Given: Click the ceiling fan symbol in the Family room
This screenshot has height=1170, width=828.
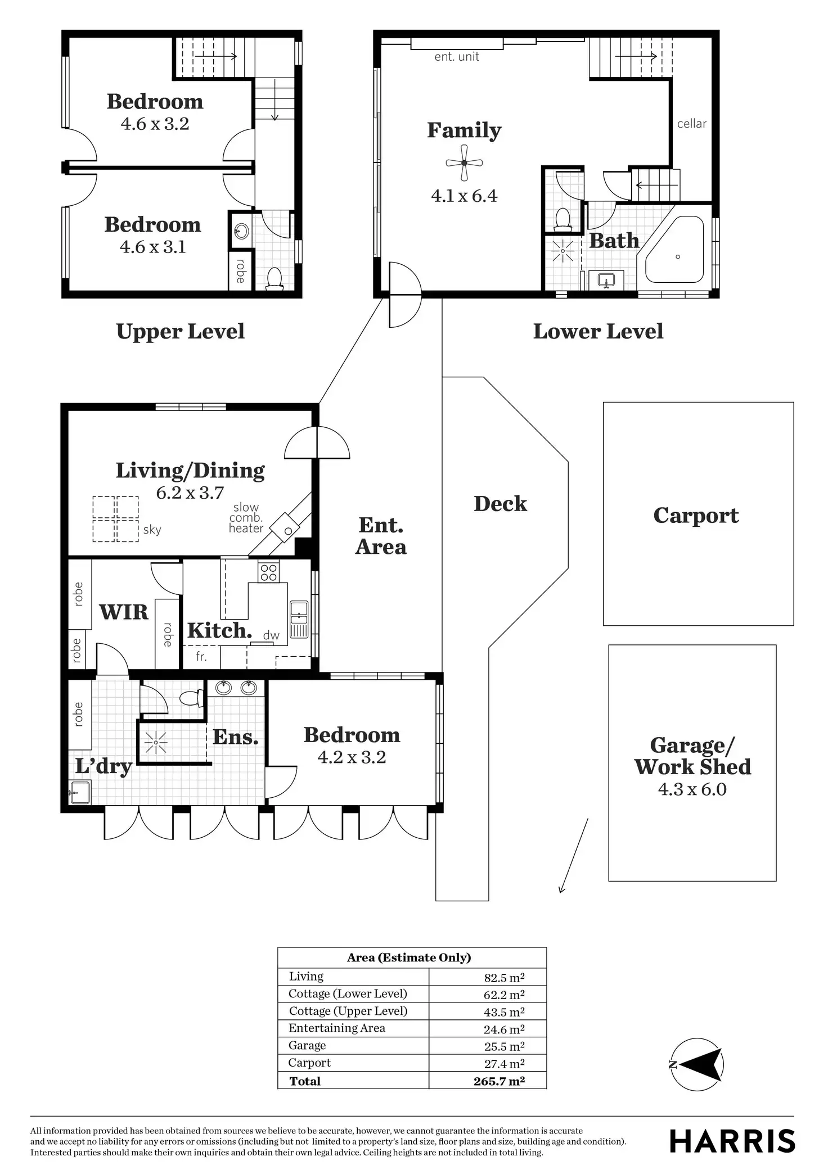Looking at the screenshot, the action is click(x=464, y=163).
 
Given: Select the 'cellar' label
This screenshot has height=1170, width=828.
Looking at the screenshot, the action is click(x=691, y=124).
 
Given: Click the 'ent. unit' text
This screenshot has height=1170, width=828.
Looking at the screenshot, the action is click(x=457, y=57).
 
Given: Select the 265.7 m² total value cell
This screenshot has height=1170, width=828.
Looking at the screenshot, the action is click(x=499, y=1081).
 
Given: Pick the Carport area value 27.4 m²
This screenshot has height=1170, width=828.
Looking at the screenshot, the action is click(x=504, y=1063).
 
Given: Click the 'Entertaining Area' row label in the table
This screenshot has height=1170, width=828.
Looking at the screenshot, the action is click(x=337, y=1028).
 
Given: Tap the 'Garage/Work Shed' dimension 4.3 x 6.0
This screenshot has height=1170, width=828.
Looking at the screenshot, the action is click(x=692, y=789).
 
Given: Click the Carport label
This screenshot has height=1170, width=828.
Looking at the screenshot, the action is click(x=696, y=516).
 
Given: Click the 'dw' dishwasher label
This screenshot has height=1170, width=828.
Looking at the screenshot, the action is click(x=271, y=636).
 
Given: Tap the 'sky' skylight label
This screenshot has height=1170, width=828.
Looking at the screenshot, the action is click(x=152, y=530).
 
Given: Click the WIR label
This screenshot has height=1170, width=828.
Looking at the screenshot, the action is click(x=124, y=612).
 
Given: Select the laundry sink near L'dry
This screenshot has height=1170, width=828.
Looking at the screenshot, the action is click(x=79, y=792).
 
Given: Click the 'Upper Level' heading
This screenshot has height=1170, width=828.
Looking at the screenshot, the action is click(x=180, y=331).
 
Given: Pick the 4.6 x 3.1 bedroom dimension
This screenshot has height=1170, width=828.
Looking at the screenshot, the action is click(x=152, y=247).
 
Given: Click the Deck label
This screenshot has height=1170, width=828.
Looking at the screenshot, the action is click(x=500, y=504).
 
